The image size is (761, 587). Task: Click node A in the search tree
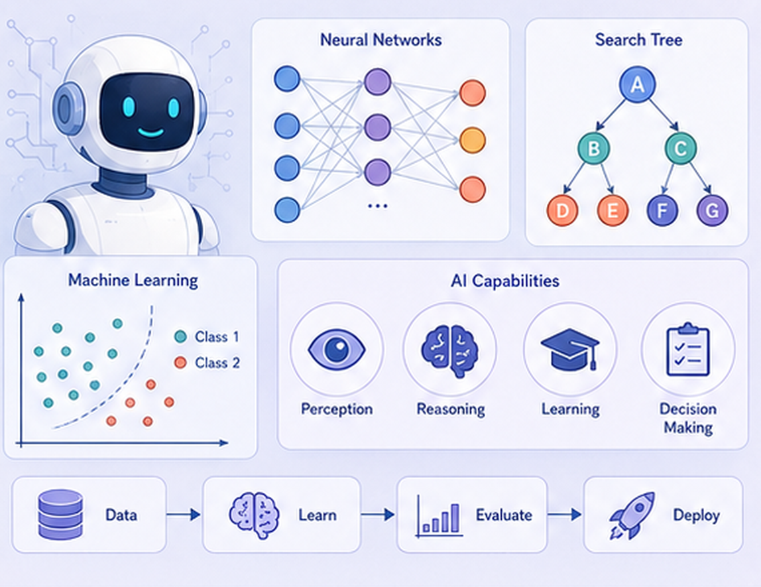637,85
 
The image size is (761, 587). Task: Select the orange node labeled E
613,211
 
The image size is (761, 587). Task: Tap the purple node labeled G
712,211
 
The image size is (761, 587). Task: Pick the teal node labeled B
593,148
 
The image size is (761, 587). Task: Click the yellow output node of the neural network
472,141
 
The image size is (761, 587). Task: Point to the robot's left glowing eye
129,107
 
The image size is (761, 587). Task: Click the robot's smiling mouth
150,132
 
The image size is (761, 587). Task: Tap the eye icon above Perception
336,349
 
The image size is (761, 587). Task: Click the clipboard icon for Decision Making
688,349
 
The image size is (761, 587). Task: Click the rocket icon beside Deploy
632,515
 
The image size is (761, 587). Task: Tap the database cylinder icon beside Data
60,515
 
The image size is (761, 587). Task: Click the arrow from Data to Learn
184,514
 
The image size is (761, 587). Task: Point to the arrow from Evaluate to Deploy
564,514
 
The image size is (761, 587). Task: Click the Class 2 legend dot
180,362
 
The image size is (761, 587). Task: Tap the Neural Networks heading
381,40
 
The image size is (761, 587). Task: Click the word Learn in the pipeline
318,515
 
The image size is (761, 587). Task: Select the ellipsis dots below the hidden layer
378,206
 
